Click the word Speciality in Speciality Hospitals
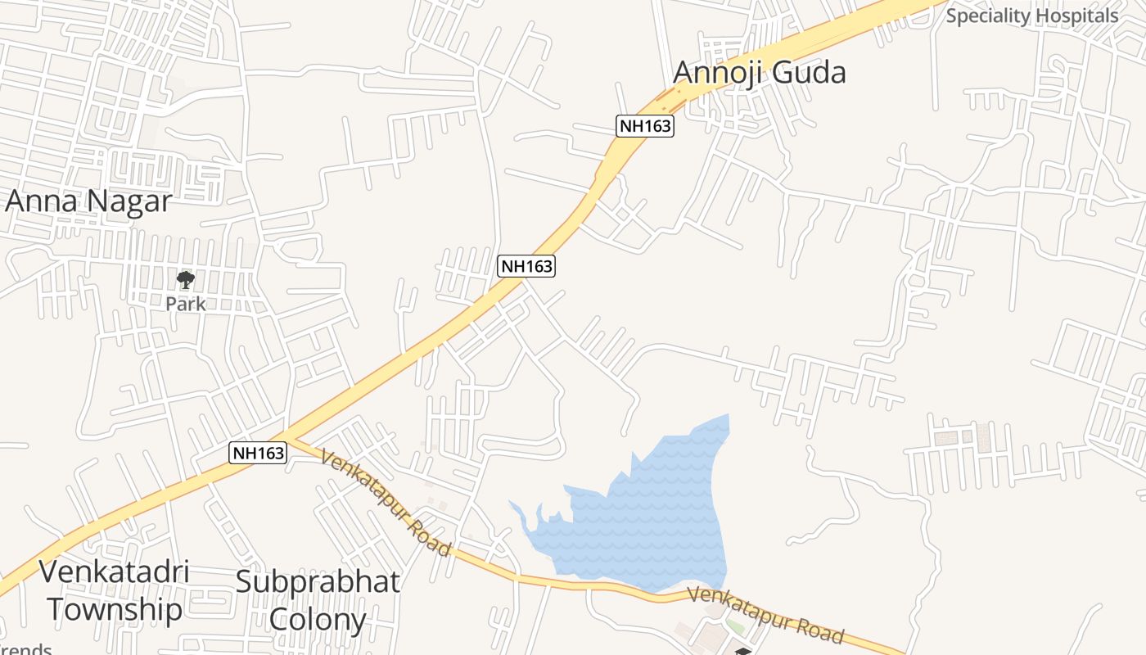point(986,16)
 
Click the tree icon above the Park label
point(186,280)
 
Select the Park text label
point(186,304)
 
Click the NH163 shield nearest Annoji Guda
point(645,126)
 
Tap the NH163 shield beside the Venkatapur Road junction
point(258,453)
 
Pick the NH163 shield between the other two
point(526,266)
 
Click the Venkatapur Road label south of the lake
point(765,615)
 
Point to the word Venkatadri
point(114,571)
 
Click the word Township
point(114,609)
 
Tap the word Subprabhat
point(318,582)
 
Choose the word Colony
point(318,620)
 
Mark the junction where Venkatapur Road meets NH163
point(286,437)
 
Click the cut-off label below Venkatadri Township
point(25,650)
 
